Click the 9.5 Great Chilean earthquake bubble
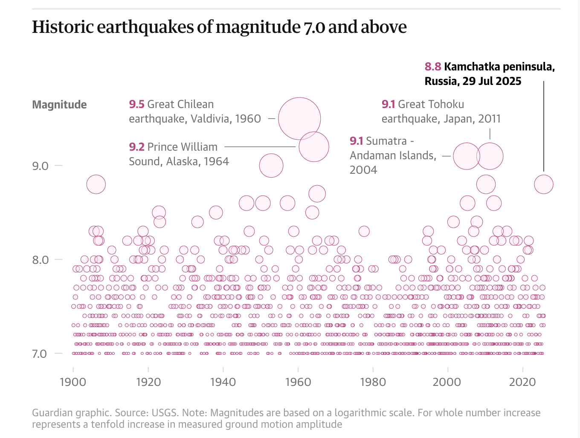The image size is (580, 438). [299, 119]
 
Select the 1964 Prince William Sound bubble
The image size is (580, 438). [314, 147]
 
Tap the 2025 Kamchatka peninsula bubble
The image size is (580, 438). [544, 184]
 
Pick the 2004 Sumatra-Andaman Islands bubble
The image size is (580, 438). [467, 156]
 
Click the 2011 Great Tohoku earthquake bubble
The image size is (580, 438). [490, 156]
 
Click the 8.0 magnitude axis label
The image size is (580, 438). [41, 260]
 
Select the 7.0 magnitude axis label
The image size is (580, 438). [40, 353]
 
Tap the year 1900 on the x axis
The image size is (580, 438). [73, 382]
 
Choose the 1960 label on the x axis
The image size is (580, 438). [298, 382]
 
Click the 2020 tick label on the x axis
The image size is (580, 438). [522, 382]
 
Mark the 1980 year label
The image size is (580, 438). [373, 382]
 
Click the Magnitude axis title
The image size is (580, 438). [59, 105]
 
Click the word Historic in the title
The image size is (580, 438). [63, 27]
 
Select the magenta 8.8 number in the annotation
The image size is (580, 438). [433, 67]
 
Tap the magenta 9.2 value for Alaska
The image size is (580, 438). [137, 147]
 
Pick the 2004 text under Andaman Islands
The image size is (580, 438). [363, 170]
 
